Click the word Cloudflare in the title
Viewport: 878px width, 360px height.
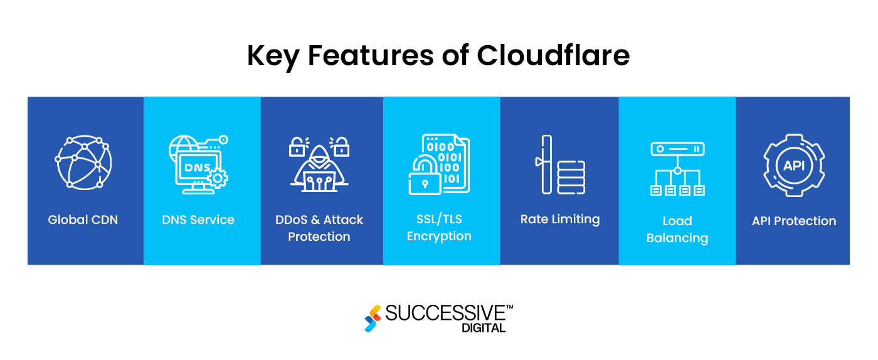[x=553, y=56]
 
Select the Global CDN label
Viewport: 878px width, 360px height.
[x=83, y=220]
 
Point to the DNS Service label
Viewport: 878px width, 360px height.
[x=198, y=220]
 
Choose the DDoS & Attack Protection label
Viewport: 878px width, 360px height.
[x=319, y=228]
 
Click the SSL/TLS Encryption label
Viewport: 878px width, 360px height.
[x=439, y=228]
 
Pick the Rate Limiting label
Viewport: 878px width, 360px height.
[x=560, y=220]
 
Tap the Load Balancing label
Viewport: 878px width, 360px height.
[x=677, y=229]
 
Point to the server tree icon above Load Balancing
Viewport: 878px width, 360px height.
[x=677, y=168]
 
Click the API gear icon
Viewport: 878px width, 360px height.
[x=793, y=165]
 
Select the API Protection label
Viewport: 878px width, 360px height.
[x=794, y=221]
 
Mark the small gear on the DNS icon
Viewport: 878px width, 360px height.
[x=218, y=178]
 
